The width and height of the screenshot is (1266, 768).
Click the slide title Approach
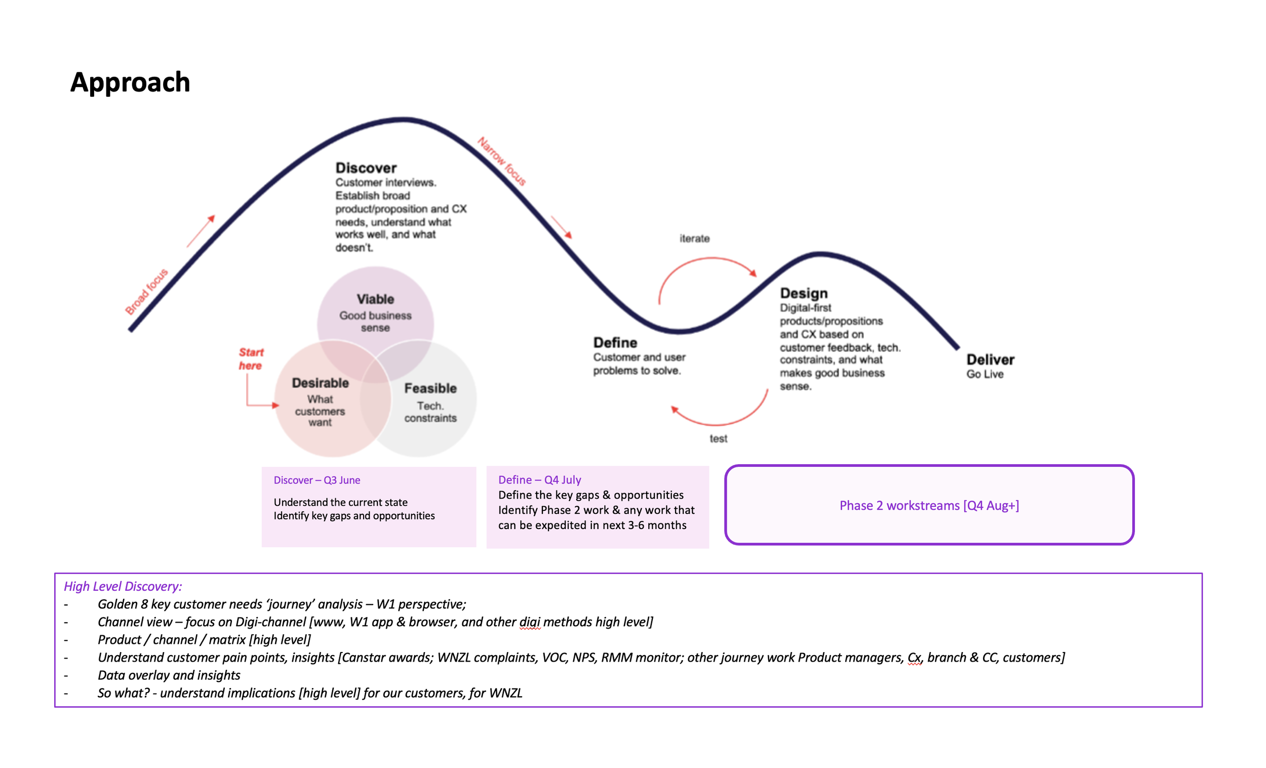tap(130, 82)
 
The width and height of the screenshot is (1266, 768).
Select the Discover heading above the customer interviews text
tap(366, 168)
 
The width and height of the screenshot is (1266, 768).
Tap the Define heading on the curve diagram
tap(615, 343)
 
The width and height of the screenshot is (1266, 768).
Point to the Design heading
tap(804, 293)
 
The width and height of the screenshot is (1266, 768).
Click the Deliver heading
tap(990, 359)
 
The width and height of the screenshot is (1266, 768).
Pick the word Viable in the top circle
tap(375, 299)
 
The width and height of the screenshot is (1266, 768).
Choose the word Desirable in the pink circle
tap(320, 383)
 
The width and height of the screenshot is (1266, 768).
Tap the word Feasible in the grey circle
tap(430, 388)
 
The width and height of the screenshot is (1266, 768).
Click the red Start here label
tap(251, 358)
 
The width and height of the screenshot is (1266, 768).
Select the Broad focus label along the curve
tap(146, 291)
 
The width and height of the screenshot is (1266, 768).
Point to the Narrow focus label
tap(501, 161)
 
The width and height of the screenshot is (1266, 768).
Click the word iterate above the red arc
tap(694, 238)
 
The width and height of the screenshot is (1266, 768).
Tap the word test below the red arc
tap(718, 439)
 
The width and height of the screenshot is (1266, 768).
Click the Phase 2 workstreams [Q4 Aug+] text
tap(929, 505)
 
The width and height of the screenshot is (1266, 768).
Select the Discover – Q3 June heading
tap(316, 480)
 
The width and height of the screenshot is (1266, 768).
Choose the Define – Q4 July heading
tap(539, 479)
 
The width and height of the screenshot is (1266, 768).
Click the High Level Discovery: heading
tap(123, 586)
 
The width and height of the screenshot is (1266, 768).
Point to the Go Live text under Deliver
tap(984, 374)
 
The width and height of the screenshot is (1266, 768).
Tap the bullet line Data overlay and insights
tap(169, 675)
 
